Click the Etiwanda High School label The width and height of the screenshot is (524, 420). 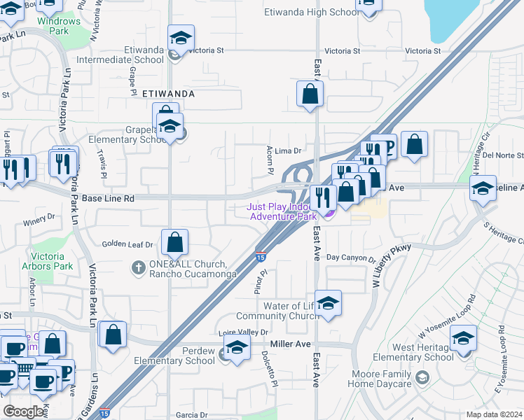(312, 12)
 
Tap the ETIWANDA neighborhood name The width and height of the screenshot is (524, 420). (167, 93)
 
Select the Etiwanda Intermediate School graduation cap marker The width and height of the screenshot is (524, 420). (181, 39)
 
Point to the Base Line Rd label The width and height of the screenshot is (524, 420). (108, 199)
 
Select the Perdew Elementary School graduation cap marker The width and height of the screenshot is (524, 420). (237, 347)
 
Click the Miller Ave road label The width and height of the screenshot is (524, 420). (290, 344)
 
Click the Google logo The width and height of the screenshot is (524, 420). (24, 411)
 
